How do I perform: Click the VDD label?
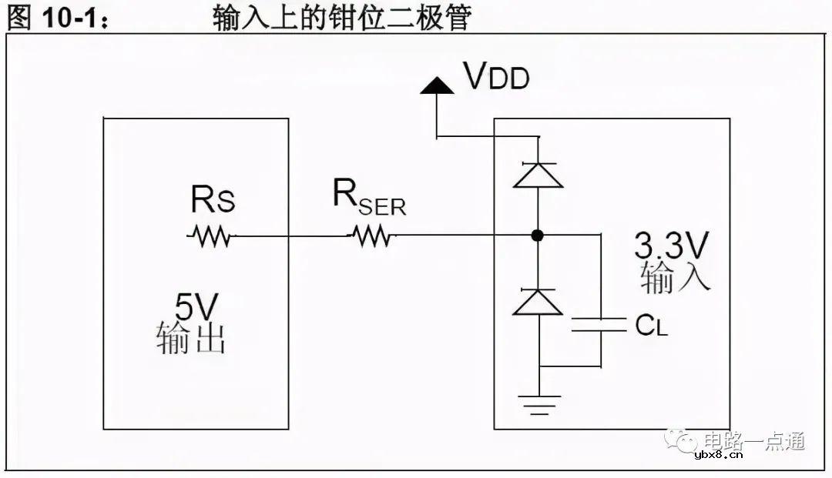coord(495,77)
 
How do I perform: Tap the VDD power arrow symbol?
coord(437,85)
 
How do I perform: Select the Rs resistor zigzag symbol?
coord(210,236)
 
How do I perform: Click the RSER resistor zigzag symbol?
coord(371,236)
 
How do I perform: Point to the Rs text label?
coord(213,201)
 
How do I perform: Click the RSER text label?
coord(369,199)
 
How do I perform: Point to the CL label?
coord(652,326)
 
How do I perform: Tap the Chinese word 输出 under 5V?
coord(190,339)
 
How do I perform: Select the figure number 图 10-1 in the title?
coord(58,17)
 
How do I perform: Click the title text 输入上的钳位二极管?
coord(341,17)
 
